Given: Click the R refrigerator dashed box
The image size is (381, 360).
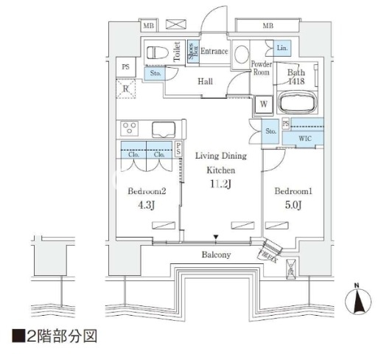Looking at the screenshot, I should [x=127, y=89].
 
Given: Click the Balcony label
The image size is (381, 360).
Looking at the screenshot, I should [x=216, y=255].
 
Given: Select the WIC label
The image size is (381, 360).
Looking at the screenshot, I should [x=304, y=137].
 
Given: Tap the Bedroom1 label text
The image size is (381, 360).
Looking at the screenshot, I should [x=293, y=192].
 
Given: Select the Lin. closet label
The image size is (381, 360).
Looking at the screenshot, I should [x=284, y=48].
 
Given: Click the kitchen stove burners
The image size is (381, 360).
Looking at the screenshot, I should [x=130, y=128].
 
